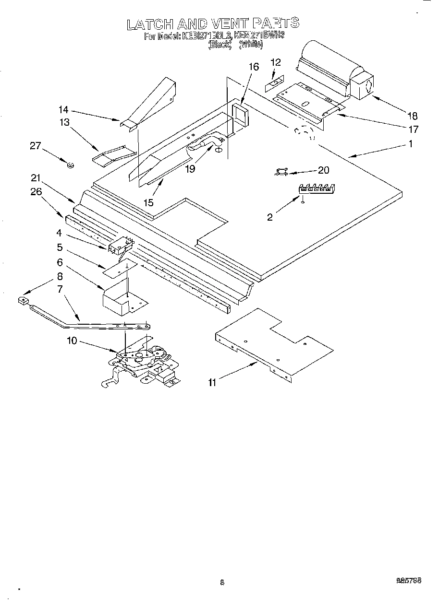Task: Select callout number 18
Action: [412, 116]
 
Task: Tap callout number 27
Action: [36, 146]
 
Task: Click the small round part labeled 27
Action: [70, 165]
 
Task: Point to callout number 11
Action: [212, 382]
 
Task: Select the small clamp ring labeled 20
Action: [282, 171]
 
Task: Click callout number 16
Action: [254, 67]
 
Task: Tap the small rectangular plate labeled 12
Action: [274, 85]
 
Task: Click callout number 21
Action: [35, 178]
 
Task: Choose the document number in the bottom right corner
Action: [409, 580]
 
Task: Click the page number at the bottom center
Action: [222, 582]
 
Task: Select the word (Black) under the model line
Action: [220, 45]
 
